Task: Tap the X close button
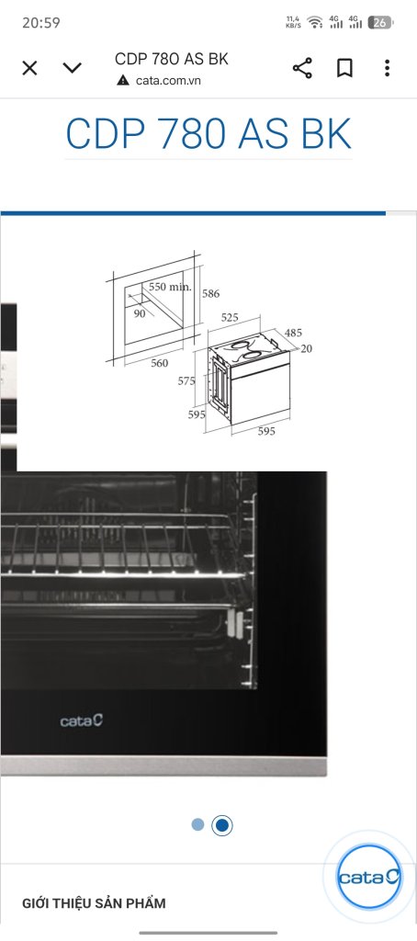pos(29,68)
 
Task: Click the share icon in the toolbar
pos(302,68)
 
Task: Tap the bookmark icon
pos(344,68)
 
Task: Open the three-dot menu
pos(387,68)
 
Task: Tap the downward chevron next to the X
pos(72,68)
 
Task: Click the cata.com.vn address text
pos(168,81)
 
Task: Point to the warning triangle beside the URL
pos(123,80)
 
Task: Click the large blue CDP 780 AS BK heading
pos(208,134)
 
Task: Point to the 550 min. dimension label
pos(170,287)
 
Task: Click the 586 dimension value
pos(210,293)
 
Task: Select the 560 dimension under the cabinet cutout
pos(159,363)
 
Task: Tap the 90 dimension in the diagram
pos(140,313)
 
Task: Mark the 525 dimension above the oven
pos(230,318)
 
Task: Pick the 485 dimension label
pos(293,333)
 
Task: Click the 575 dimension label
pos(186,380)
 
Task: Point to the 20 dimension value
pos(306,348)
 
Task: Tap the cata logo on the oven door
pos(82,720)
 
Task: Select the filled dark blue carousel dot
pos(222,826)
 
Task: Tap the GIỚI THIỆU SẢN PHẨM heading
pos(94,903)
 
